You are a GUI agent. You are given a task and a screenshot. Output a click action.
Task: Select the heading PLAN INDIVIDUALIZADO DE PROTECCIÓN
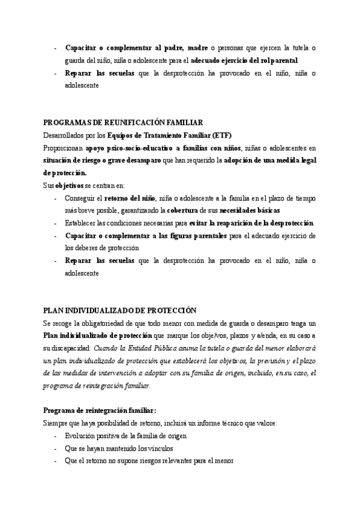pos(120,310)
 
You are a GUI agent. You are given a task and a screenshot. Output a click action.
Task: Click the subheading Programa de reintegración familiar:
pos(100,410)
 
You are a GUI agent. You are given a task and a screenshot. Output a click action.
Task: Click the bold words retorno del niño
pos(130,198)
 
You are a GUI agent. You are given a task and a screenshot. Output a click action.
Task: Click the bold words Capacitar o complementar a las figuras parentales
pos(146,236)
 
